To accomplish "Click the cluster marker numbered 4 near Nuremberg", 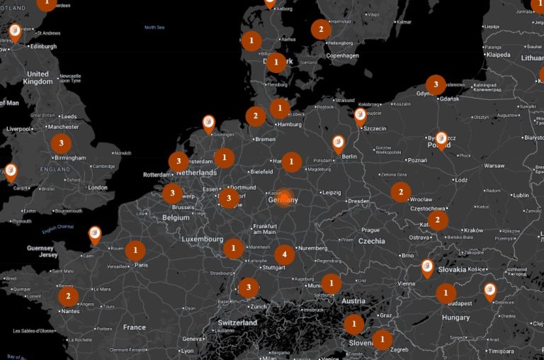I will point(284,254).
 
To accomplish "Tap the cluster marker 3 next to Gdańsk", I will point(436,85).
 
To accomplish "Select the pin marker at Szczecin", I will point(361,116).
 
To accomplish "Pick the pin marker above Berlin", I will point(339,143).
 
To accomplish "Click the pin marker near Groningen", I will point(208,123).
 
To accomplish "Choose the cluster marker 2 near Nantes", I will point(68,296).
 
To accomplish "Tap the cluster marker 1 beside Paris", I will point(135,250).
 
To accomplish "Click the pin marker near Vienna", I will point(427,267).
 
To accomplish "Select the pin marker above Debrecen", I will point(489,290).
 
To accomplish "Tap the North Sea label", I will point(154,28).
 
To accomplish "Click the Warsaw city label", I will point(494,166).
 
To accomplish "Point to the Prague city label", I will point(370,230).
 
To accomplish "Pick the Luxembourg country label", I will point(202,240).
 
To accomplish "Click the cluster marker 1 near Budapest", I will point(446,293).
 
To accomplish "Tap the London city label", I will point(98,188).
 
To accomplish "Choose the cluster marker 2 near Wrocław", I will point(401,191).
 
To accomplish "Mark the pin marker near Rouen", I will point(95,234).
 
